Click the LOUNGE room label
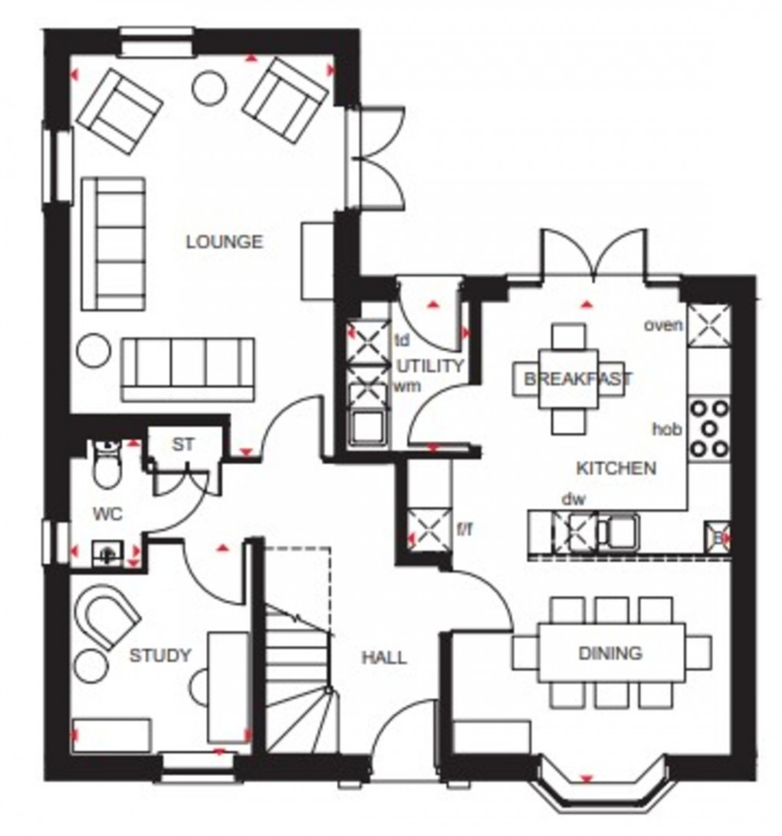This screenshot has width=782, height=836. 225,242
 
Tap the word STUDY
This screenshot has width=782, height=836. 159,655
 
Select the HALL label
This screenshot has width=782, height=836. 384,657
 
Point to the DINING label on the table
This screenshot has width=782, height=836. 610,653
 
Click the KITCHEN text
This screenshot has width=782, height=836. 616,468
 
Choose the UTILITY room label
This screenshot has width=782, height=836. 430,366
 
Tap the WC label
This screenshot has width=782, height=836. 108,514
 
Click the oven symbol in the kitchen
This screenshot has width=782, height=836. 708,322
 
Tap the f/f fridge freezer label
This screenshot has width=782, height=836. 465,528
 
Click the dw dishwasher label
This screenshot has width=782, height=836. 573,499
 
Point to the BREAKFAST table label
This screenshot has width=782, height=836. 577,378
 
